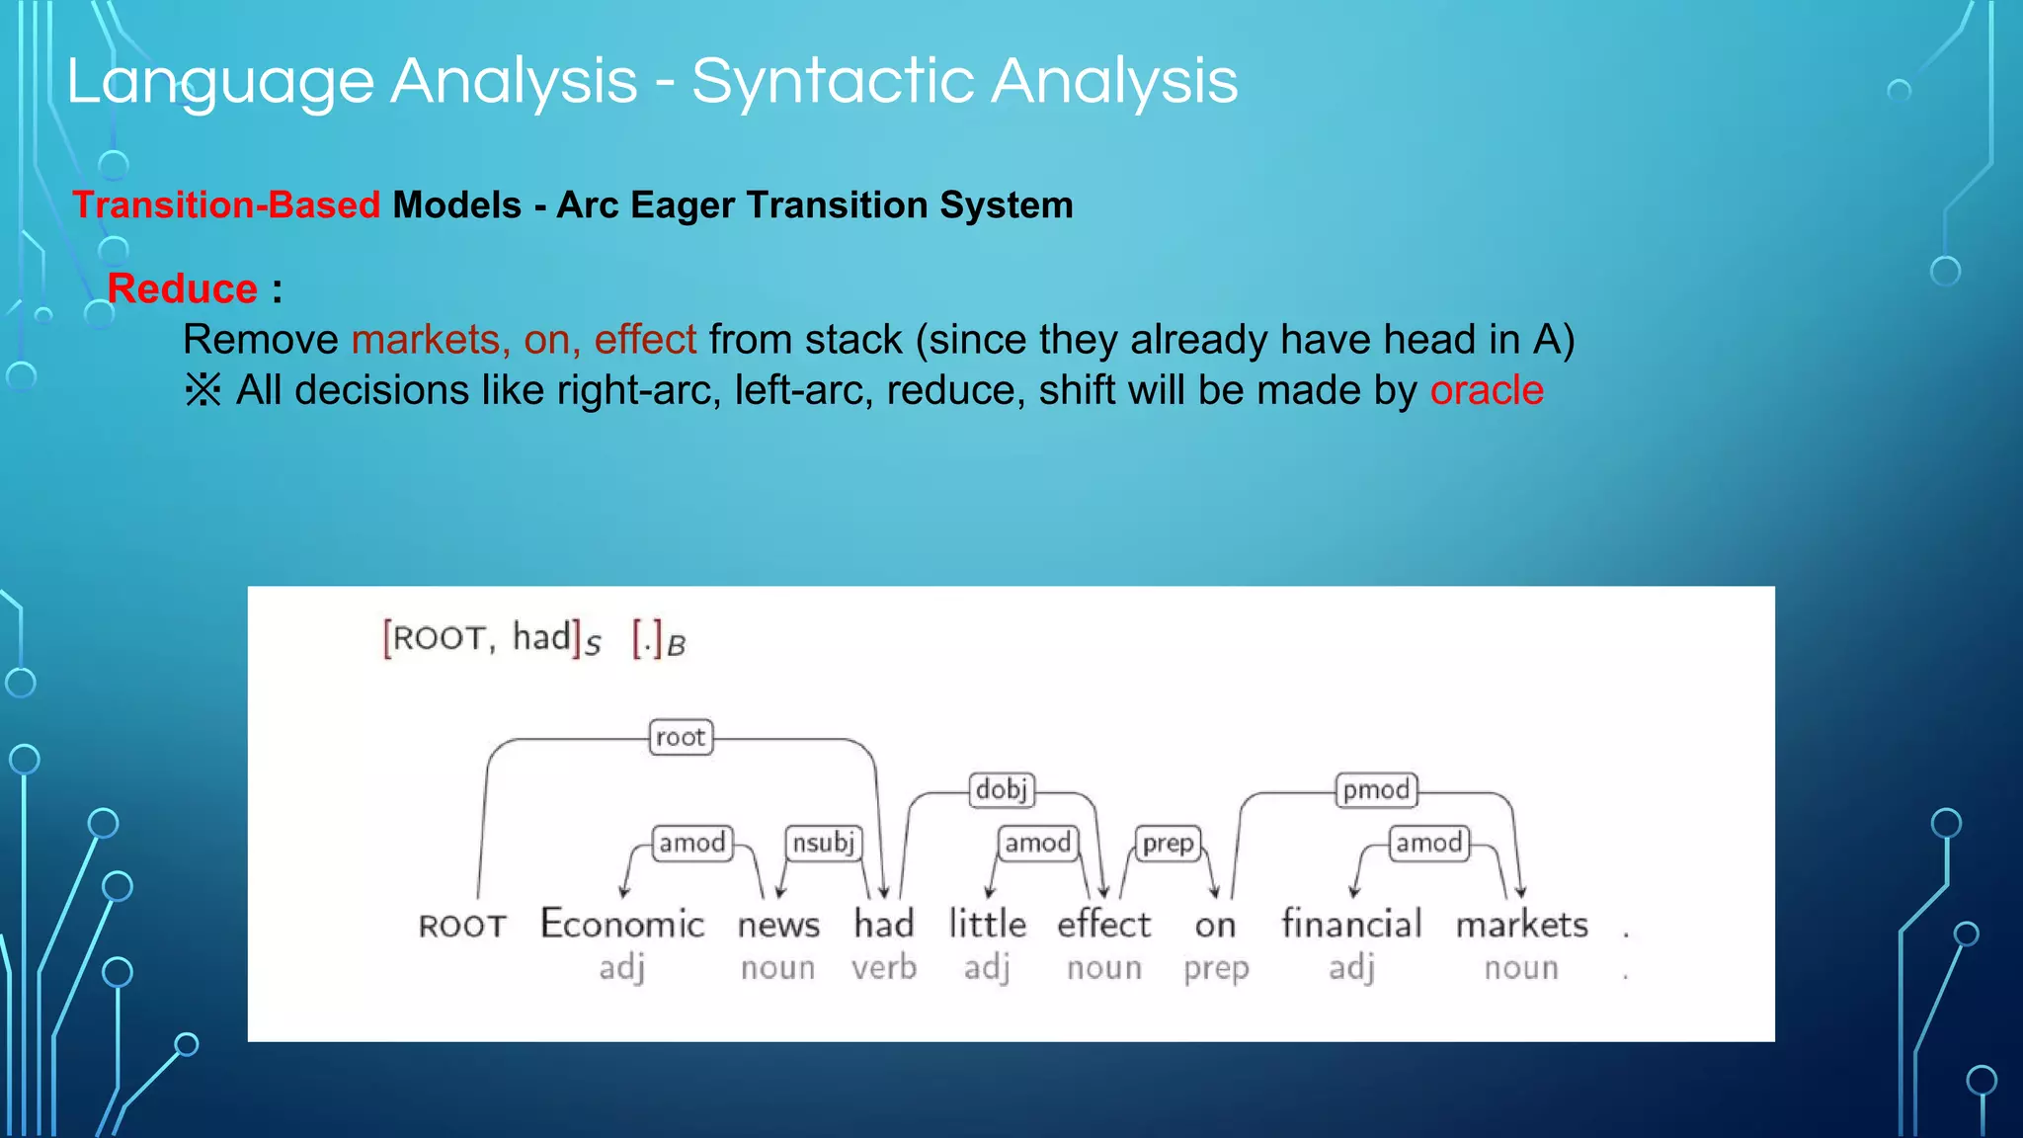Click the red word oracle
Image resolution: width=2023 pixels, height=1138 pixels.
1486,390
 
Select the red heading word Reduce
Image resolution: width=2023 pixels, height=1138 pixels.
182,288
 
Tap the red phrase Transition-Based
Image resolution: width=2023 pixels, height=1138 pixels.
226,204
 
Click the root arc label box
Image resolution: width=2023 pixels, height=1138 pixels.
681,737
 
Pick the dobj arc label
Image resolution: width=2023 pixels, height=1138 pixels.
1002,789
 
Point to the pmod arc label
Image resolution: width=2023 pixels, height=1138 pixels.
1376,789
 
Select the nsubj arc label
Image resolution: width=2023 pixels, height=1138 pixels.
823,843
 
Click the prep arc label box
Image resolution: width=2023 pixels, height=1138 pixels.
1168,844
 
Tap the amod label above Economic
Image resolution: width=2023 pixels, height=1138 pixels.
692,843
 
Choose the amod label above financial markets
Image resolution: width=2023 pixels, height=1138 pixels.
1428,843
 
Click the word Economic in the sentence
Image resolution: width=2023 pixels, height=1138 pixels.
622,925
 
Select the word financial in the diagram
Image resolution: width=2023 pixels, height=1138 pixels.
1351,925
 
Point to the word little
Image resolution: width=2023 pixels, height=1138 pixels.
987,925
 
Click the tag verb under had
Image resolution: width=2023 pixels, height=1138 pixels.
884,967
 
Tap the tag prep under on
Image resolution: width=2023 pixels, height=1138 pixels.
1216,968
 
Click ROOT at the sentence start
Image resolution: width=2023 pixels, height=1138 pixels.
462,927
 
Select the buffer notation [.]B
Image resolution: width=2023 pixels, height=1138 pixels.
658,640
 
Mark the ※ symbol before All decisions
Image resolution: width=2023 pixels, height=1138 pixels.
202,390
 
